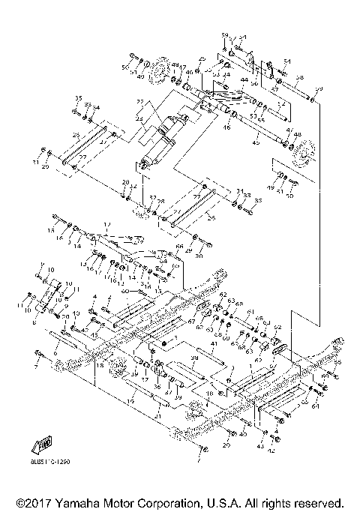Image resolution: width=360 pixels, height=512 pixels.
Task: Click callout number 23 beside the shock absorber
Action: coord(138,119)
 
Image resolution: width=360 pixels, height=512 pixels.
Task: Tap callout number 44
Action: coord(244,79)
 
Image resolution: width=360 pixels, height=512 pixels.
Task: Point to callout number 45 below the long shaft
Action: coord(256,141)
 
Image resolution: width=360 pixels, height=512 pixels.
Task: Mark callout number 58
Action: coord(299,77)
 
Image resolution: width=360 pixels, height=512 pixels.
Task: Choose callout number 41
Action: coord(214,343)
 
